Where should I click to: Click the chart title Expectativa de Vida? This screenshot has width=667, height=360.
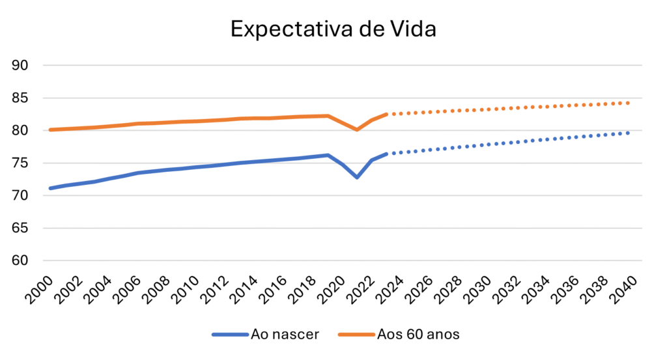[333, 29]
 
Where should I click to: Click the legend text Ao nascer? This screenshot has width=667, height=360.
[285, 335]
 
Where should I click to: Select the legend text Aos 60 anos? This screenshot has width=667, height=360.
[418, 335]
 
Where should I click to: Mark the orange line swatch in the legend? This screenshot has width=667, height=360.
[356, 335]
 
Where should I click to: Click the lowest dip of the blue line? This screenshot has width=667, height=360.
[357, 177]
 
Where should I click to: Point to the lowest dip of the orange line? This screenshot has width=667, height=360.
[357, 130]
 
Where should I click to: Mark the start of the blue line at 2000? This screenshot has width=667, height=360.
[51, 188]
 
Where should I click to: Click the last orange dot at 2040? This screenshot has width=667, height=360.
[628, 103]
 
